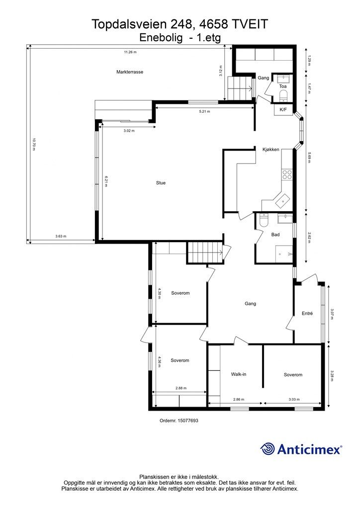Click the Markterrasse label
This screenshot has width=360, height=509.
[x=130, y=72]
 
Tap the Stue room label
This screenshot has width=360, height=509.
[x=161, y=183]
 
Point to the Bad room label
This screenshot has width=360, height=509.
[x=275, y=235]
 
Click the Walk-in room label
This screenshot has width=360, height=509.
[x=239, y=374]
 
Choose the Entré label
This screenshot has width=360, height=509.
[x=307, y=313]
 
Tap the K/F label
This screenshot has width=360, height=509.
[x=283, y=109]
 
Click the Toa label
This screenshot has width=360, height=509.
[x=282, y=86]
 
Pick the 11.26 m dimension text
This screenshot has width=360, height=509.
[x=130, y=52]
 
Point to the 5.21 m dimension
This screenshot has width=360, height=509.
[x=205, y=111]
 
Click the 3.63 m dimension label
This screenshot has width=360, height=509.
[x=61, y=237]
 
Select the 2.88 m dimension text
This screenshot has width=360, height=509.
[x=180, y=388]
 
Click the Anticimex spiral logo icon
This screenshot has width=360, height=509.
[x=268, y=449]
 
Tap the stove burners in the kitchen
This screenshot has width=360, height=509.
[x=287, y=174]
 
